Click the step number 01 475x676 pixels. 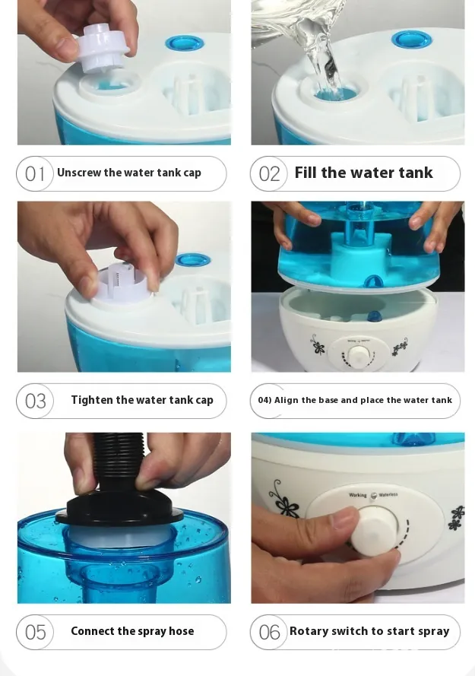pos(34,174)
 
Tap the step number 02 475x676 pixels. pos(269,174)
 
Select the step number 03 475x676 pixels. pos(36,401)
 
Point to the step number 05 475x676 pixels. pos(36,633)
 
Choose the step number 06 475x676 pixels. pos(269,633)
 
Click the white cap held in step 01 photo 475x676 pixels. pos(103,48)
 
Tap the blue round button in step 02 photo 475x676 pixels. pos(411,40)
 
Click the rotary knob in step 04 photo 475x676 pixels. pos(357,355)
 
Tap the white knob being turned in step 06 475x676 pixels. pos(374,531)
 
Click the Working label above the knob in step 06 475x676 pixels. pos(358,495)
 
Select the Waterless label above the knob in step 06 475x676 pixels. pos(388,495)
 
